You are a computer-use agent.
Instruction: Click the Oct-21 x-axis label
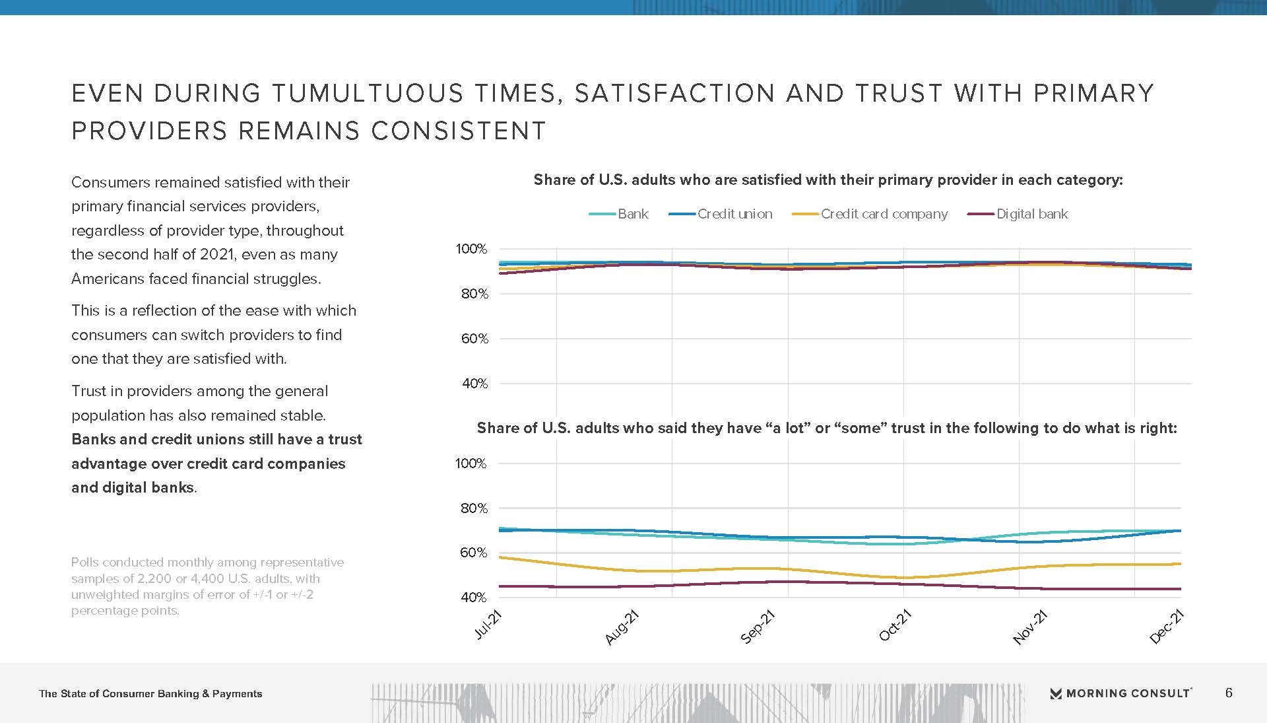[895, 625]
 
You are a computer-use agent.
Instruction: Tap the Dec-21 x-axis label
[1167, 627]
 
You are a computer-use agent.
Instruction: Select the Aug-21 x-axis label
[622, 627]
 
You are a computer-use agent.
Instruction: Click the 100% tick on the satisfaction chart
[471, 249]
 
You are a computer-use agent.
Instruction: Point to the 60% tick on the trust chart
[473, 553]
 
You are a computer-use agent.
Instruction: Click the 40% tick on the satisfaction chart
[474, 384]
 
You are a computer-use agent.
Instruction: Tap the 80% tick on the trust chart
[473, 508]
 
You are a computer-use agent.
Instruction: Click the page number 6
[1229, 693]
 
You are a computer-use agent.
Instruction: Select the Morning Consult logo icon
[1056, 693]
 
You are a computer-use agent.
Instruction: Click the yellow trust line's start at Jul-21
[500, 557]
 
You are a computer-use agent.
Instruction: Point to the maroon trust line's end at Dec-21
[1180, 589]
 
